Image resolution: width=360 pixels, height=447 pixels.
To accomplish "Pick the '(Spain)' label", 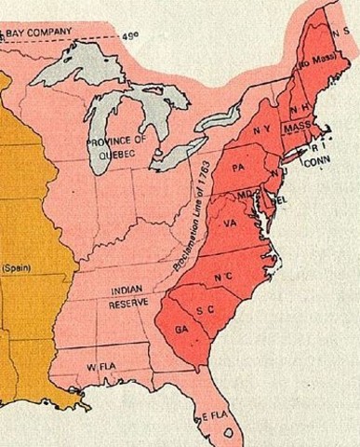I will coord(16,268).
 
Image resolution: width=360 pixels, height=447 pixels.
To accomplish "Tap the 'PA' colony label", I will coord(239,168).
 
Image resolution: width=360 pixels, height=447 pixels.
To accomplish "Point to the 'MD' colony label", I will coord(245,195).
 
